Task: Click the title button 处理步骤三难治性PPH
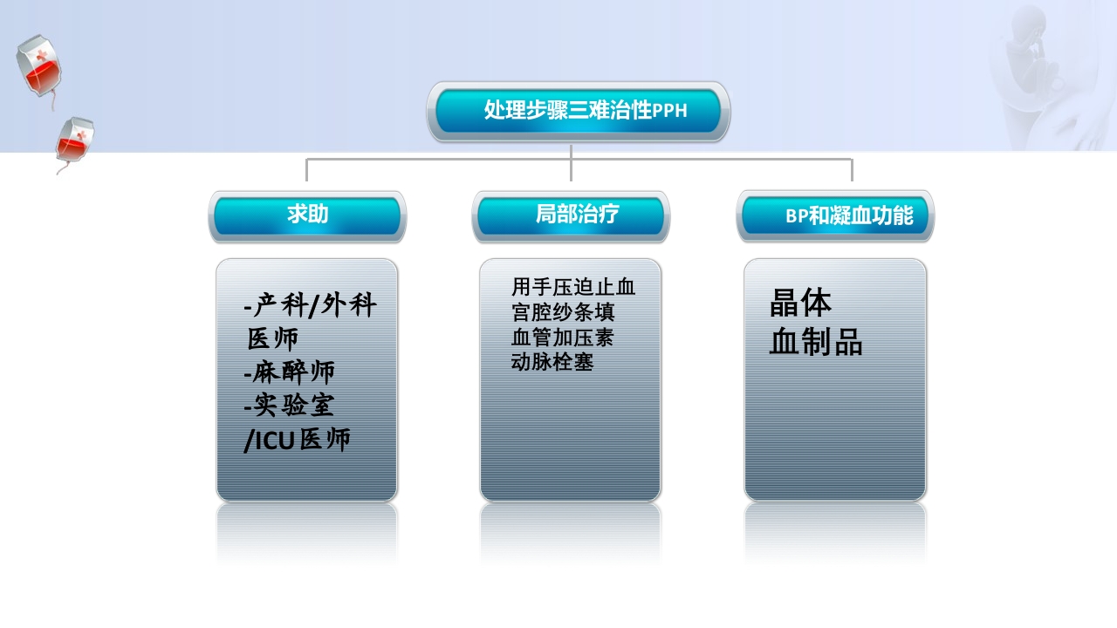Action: (578, 112)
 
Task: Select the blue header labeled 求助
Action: (307, 215)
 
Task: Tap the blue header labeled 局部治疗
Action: (571, 215)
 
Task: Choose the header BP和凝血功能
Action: (835, 215)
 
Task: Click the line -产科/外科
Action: (311, 306)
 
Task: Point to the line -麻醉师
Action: (290, 372)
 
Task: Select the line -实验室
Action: (289, 406)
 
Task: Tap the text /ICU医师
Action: (297, 440)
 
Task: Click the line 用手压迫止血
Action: (573, 287)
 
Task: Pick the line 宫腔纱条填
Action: (563, 312)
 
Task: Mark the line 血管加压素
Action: (562, 338)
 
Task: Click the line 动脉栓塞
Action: (552, 362)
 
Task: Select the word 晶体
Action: (800, 303)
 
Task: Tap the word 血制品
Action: (816, 342)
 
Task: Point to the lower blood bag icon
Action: (74, 142)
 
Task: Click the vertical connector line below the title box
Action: (571, 151)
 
